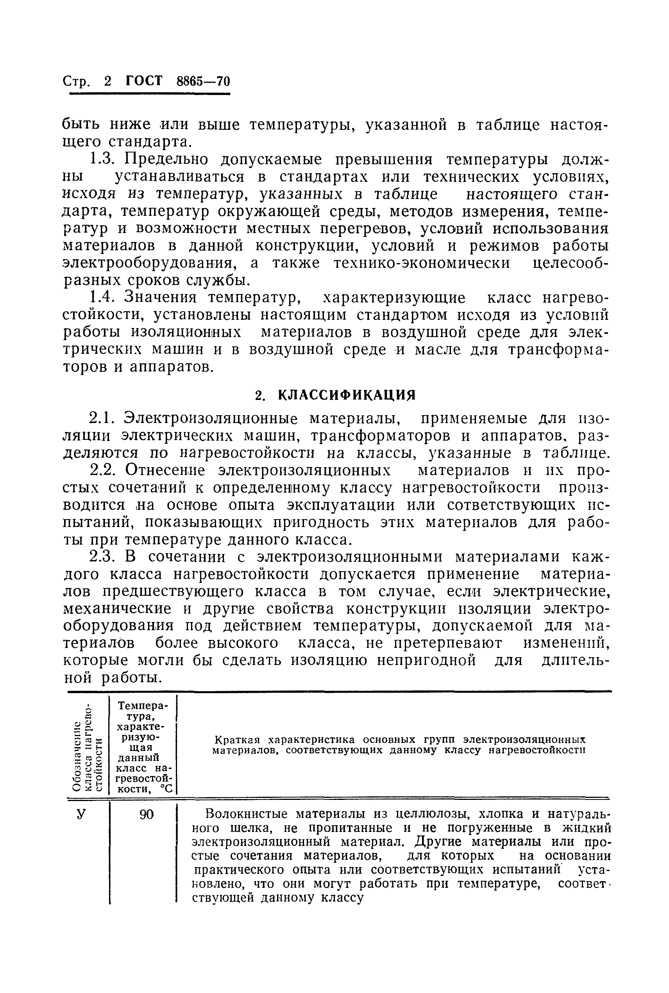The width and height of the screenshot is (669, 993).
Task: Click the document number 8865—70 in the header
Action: pyautogui.click(x=203, y=81)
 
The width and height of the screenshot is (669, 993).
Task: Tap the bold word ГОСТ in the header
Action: pyautogui.click(x=144, y=81)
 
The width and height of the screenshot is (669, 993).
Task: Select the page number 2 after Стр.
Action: pyautogui.click(x=107, y=81)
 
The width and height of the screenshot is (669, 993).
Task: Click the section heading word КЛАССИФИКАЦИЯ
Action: pyautogui.click(x=347, y=395)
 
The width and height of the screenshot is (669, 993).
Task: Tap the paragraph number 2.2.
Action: pyautogui.click(x=102, y=470)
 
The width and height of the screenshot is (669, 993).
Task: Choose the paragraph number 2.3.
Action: pyautogui.click(x=102, y=557)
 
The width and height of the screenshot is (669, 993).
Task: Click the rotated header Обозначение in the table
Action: pyautogui.click(x=77, y=756)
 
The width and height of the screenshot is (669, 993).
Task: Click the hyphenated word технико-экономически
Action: pyautogui.click(x=421, y=263)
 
